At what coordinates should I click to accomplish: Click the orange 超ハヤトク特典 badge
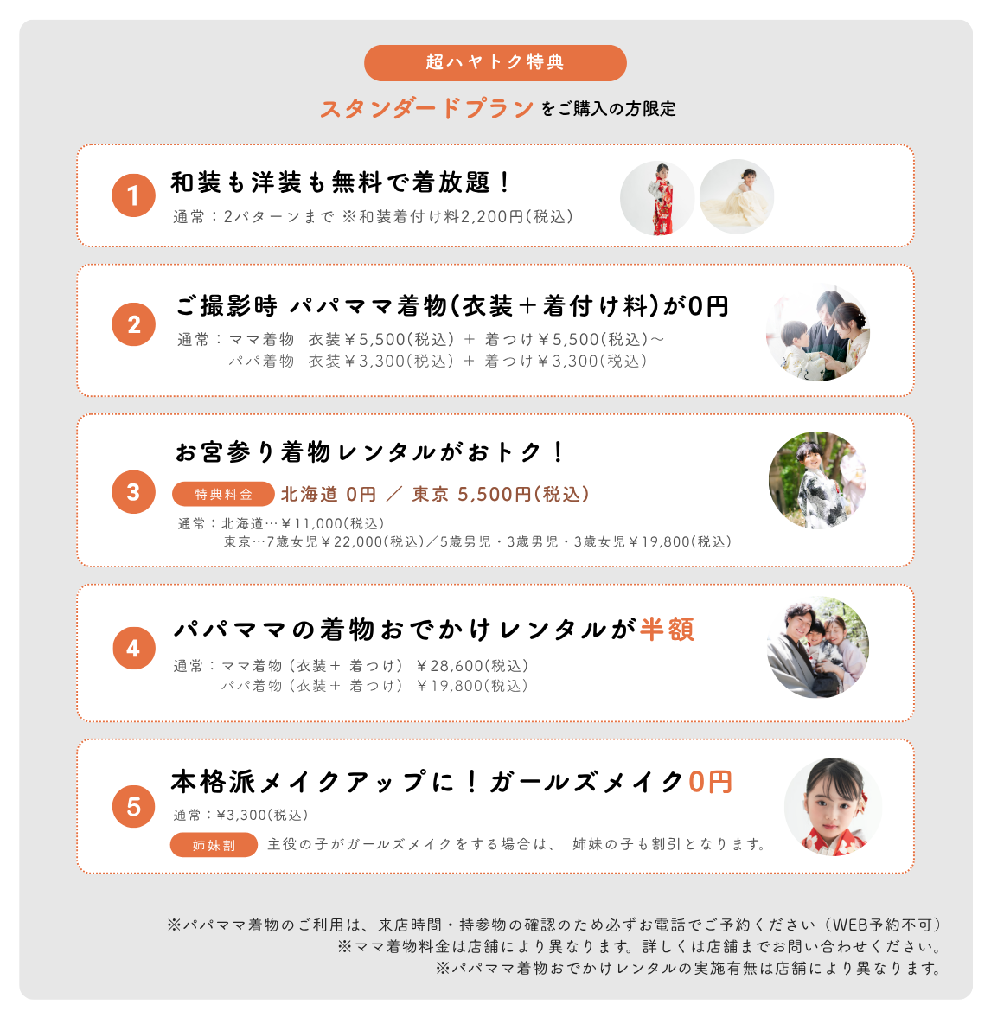coord(495,62)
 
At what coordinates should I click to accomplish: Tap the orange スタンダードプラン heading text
coord(427,108)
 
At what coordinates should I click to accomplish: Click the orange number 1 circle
coord(134,195)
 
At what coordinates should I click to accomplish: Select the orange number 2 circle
coord(134,324)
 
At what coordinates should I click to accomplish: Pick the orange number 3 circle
coord(134,492)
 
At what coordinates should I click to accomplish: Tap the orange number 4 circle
coord(134,648)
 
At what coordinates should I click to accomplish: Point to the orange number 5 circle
coord(134,807)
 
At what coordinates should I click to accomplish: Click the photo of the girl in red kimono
coord(657,198)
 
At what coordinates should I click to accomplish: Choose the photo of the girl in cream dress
coord(737,196)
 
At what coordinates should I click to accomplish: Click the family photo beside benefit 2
coord(818,333)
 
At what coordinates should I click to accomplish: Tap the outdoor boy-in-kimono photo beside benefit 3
coord(818,480)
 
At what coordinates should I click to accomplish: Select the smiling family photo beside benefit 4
coord(818,647)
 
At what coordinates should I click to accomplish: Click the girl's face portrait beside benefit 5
coord(833,807)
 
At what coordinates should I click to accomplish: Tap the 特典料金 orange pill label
coord(223,495)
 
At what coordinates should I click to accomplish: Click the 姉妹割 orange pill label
coord(214,845)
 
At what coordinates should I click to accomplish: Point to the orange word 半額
coord(667,630)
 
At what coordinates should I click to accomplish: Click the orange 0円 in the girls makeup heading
coord(710,782)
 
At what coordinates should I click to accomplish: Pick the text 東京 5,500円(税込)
coord(501,495)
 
